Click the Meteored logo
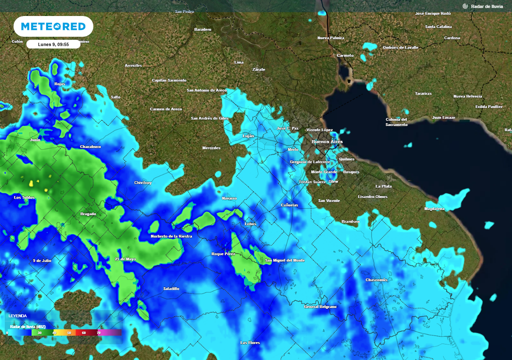pyautogui.click(x=53, y=26)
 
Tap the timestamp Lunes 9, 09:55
pyautogui.click(x=53, y=44)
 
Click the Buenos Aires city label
pyautogui.click(x=327, y=142)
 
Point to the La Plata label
pyautogui.click(x=383, y=186)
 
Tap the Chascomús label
pyautogui.click(x=376, y=280)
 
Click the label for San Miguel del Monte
pyautogui.click(x=284, y=260)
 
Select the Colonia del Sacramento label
pyautogui.click(x=396, y=122)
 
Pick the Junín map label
pyautogui.click(x=35, y=140)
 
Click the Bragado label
pyautogui.click(x=88, y=214)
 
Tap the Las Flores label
pyautogui.click(x=250, y=342)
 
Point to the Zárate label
pyautogui.click(x=258, y=69)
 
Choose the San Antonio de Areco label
pyautogui.click(x=206, y=90)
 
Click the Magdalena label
pyautogui.click(x=434, y=208)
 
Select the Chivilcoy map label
pyautogui.click(x=142, y=182)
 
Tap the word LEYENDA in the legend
pyautogui.click(x=17, y=316)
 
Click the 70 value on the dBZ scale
pyautogui.click(x=98, y=332)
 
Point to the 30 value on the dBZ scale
pyautogui.click(x=39, y=332)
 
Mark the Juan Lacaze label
pyautogui.click(x=443, y=117)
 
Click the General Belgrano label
pyautogui.click(x=320, y=306)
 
